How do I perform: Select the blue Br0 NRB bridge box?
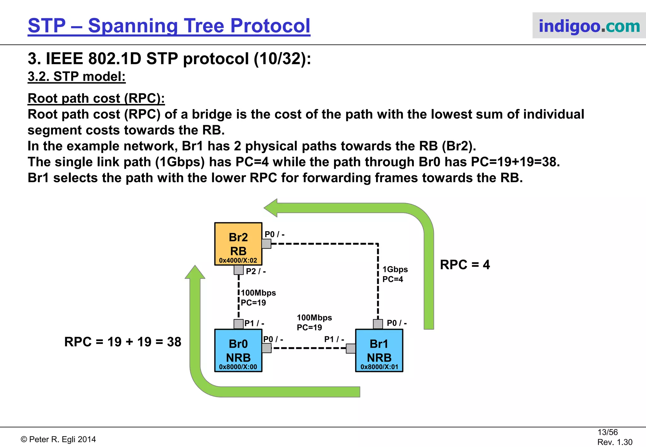point(238,350)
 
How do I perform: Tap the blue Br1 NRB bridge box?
point(379,350)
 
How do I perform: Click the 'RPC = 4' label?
point(465,264)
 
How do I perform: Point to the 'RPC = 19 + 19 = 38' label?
point(123,342)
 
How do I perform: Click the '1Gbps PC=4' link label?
point(395,274)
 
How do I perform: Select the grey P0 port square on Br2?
point(266,244)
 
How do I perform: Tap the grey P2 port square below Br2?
point(238,270)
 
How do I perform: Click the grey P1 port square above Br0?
point(238,324)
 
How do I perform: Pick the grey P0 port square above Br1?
point(378,324)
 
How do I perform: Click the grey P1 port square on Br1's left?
point(351,348)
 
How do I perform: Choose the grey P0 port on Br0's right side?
point(267,348)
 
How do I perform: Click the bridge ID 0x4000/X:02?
point(238,260)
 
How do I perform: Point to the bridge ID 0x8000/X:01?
point(379,367)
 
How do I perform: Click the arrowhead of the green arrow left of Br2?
point(195,272)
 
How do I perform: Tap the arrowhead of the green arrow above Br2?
point(271,208)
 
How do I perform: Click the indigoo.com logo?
point(589,26)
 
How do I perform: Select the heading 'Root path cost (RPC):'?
point(96,98)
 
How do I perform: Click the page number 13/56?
point(607,432)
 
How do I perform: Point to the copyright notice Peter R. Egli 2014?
point(58,439)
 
